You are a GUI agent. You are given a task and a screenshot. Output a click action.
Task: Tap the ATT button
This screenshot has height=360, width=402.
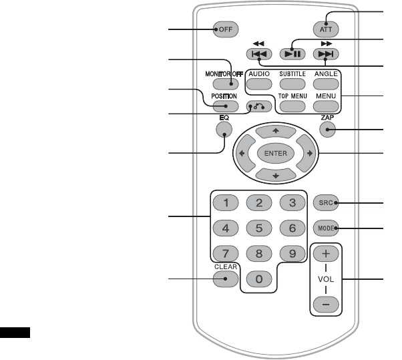[x=327, y=29]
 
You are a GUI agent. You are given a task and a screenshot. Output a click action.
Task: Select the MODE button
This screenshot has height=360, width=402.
[x=327, y=227]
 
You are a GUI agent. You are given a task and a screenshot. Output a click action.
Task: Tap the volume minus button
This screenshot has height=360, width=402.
[x=326, y=303]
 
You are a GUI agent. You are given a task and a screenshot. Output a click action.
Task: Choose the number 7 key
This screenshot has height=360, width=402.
[x=226, y=253]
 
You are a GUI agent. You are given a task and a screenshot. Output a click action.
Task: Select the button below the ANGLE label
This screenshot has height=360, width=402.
[x=326, y=84]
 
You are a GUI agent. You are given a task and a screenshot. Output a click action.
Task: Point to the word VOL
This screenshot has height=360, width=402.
[x=326, y=278]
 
